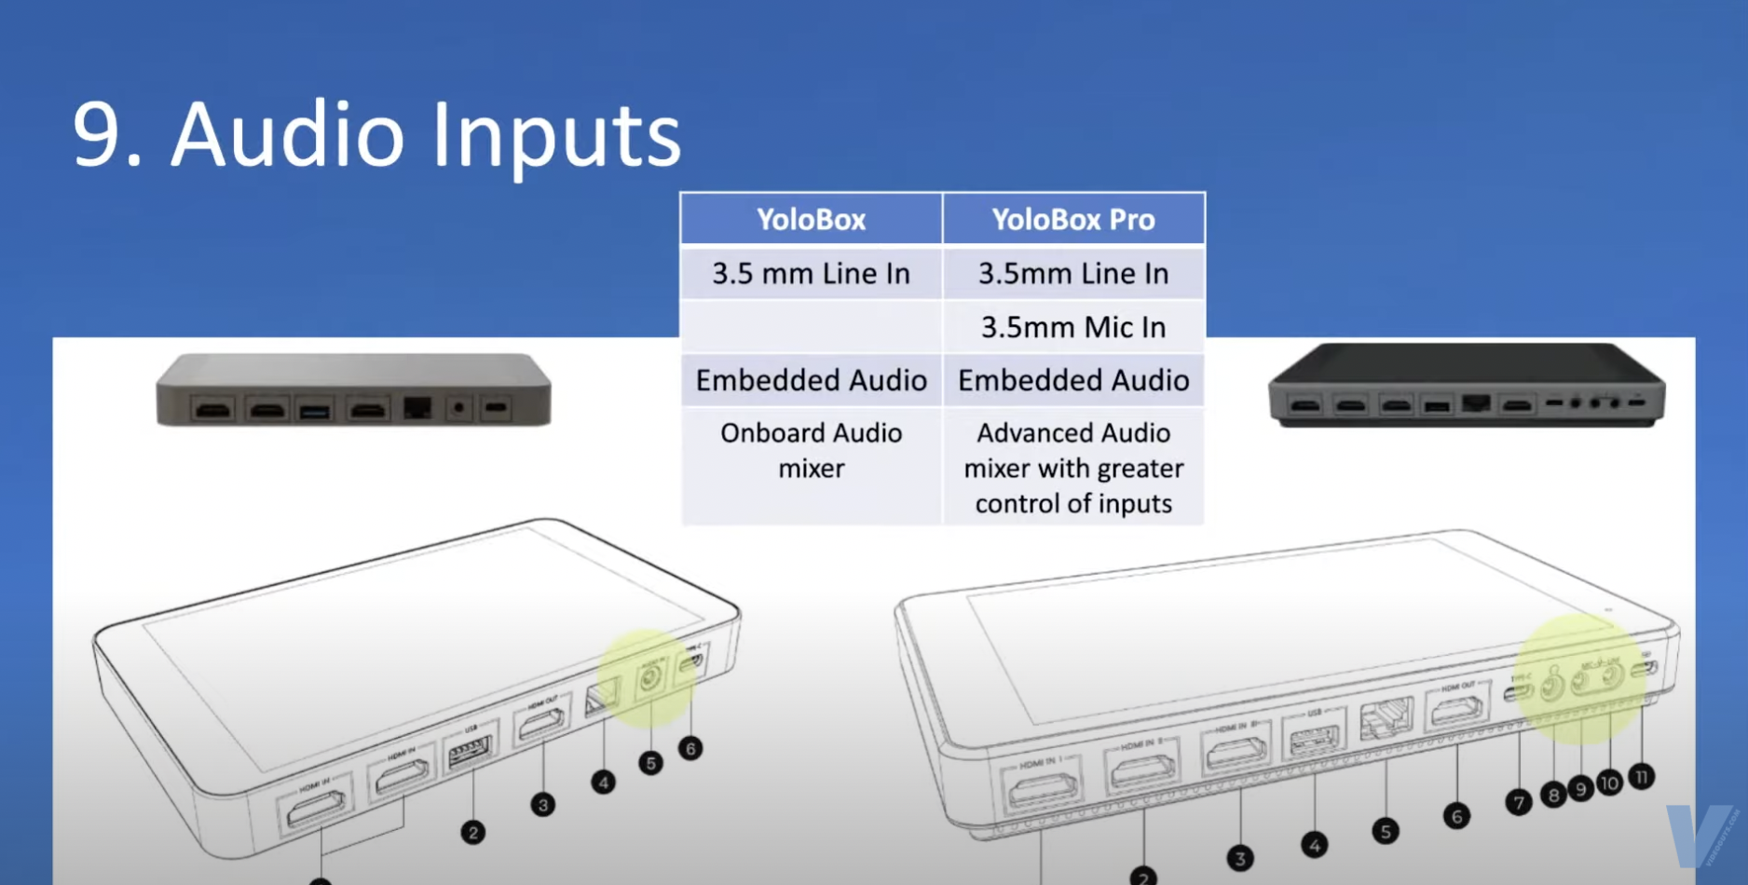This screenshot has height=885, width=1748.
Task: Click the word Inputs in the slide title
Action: point(556,137)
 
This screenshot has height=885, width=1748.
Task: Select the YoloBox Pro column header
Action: point(1073,220)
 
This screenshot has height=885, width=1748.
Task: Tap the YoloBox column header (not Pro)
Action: point(811,220)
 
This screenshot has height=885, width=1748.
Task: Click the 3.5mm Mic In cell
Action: point(1073,327)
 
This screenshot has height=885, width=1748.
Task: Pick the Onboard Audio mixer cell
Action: point(811,451)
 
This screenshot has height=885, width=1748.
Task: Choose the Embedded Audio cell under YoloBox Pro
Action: point(1073,380)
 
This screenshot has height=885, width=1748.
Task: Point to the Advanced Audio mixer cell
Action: point(1073,468)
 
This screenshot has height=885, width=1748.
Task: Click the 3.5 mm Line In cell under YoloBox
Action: point(811,274)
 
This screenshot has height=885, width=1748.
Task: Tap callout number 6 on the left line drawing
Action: point(690,748)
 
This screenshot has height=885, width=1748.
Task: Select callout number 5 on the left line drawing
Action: point(650,764)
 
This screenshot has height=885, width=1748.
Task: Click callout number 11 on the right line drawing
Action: point(1642,777)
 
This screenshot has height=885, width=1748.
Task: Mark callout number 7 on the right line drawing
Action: point(1519,802)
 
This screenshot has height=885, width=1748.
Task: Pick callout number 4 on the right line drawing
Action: point(1314,846)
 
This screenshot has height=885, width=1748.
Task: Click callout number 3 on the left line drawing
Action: point(542,805)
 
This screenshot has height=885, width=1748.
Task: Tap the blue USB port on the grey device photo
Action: point(315,410)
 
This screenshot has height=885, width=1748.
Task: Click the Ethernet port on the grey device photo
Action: point(417,408)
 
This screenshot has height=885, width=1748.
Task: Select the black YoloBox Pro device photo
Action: point(1467,385)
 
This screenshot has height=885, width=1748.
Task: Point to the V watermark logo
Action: point(1698,835)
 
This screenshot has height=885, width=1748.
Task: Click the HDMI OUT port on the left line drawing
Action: point(540,721)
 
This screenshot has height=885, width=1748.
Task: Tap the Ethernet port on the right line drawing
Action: point(1386,720)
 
